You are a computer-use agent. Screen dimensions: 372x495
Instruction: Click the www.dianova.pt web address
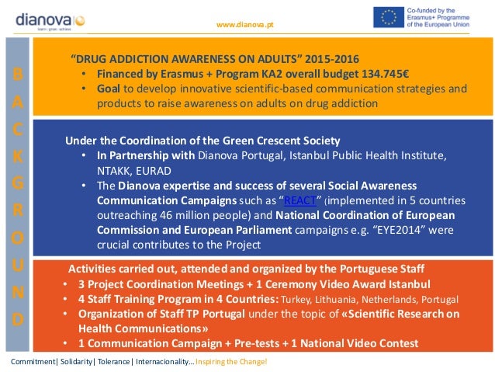[244, 25]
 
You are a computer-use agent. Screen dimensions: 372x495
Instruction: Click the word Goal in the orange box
[109, 89]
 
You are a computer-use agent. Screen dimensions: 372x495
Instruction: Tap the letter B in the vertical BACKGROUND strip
[18, 74]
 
